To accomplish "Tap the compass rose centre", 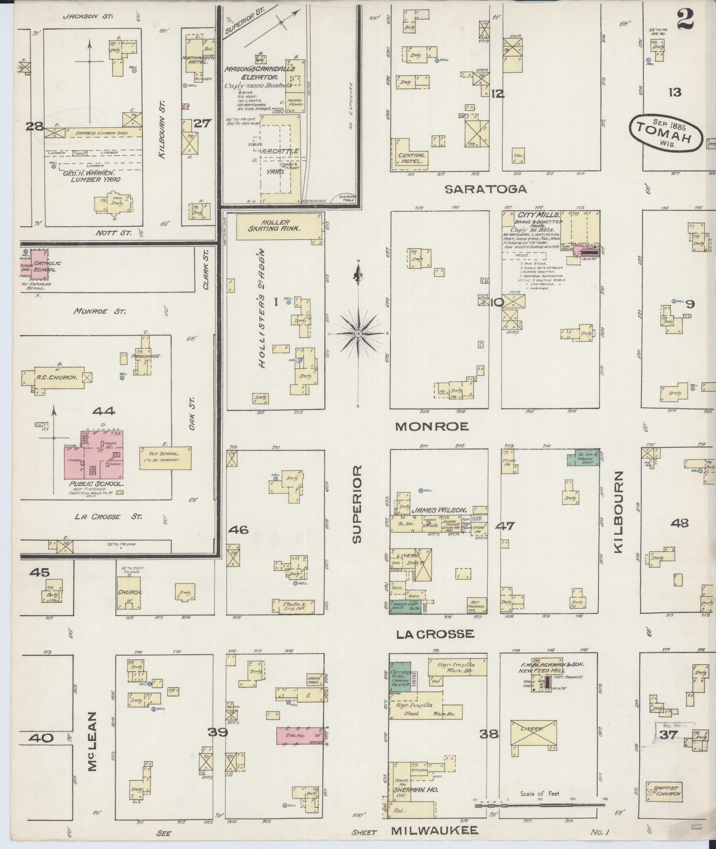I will [x=358, y=333].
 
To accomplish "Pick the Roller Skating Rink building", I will [x=278, y=226].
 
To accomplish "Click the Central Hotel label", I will [x=411, y=158].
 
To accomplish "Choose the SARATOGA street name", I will [x=486, y=189].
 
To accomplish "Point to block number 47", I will [x=505, y=526].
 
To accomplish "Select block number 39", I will [x=218, y=732].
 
